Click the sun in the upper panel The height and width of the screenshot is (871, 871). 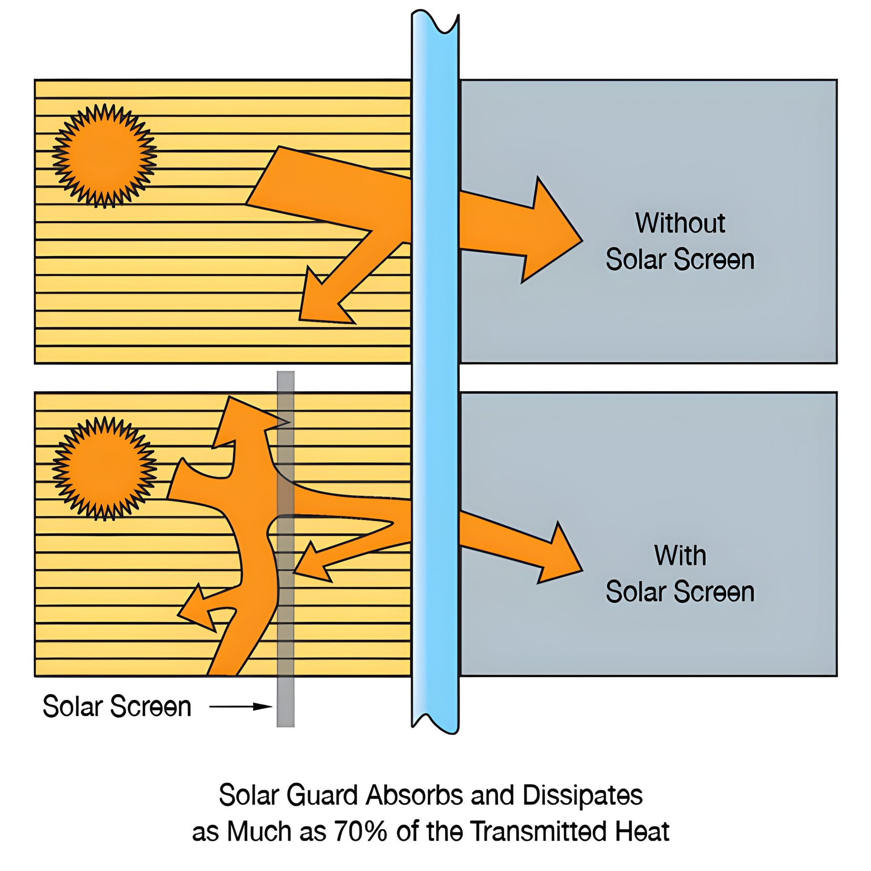(x=105, y=156)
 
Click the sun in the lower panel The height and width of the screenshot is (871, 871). (x=105, y=469)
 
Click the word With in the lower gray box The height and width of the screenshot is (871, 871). (x=680, y=555)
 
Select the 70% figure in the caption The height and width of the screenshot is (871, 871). (x=360, y=831)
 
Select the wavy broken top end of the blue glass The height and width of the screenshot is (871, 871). (x=435, y=22)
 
